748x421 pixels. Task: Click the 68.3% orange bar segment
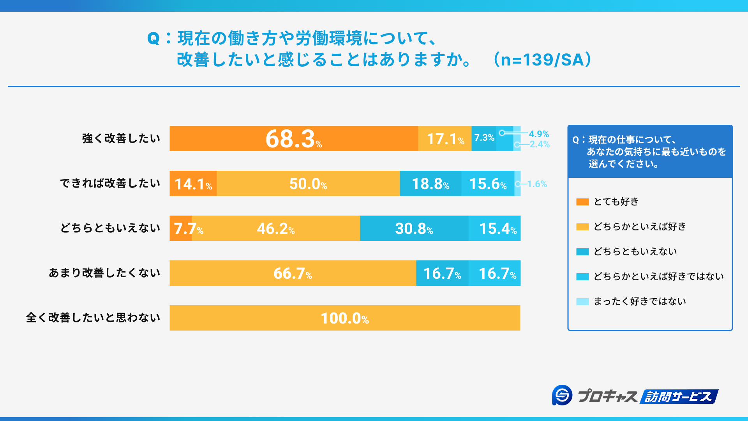point(294,139)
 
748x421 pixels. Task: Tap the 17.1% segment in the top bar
point(445,139)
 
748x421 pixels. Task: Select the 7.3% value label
point(484,138)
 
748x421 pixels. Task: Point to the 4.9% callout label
point(539,134)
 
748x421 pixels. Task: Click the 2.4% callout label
point(540,144)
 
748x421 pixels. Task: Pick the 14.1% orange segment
point(193,184)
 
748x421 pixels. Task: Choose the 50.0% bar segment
point(308,184)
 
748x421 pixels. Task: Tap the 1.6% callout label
point(537,184)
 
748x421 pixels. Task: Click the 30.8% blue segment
point(414,228)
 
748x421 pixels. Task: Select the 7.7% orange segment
point(181,228)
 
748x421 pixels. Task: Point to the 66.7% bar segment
point(293,273)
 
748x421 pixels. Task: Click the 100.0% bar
point(345,318)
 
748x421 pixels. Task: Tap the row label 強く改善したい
point(121,138)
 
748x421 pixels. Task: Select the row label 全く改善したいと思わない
point(93,318)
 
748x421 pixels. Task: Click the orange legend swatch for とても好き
point(582,202)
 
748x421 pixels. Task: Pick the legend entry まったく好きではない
point(639,301)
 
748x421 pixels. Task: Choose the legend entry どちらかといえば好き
point(639,226)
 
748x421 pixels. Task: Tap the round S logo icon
point(562,395)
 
